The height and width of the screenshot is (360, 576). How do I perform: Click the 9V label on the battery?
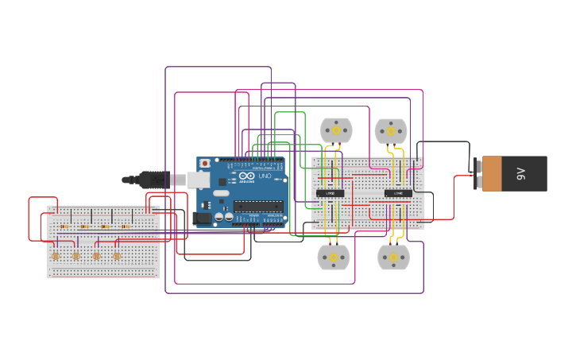pos(521,173)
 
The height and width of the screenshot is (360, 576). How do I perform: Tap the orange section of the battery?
pos(492,173)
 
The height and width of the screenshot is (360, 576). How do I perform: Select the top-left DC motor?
pos(336,130)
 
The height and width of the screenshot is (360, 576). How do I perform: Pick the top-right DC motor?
pos(391,131)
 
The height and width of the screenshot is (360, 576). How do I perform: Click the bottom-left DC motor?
pos(334,257)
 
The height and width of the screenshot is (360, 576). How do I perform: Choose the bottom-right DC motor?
pos(393,257)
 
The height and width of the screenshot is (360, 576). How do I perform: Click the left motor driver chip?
pos(331,193)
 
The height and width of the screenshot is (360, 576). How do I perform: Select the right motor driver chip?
pos(398,193)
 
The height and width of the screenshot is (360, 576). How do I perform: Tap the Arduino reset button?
pos(205,164)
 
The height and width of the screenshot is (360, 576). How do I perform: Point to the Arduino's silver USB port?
pos(198,180)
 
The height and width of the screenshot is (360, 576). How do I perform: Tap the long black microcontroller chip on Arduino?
pos(258,207)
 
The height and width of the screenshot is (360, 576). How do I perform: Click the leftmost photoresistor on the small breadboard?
pos(56,256)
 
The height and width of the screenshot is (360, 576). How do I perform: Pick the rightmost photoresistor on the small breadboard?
pos(117,256)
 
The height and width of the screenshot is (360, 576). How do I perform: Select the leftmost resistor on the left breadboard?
pos(64,226)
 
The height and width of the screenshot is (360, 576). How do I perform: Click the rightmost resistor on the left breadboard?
pos(126,226)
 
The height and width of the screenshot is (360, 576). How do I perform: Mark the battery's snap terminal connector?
pos(477,173)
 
